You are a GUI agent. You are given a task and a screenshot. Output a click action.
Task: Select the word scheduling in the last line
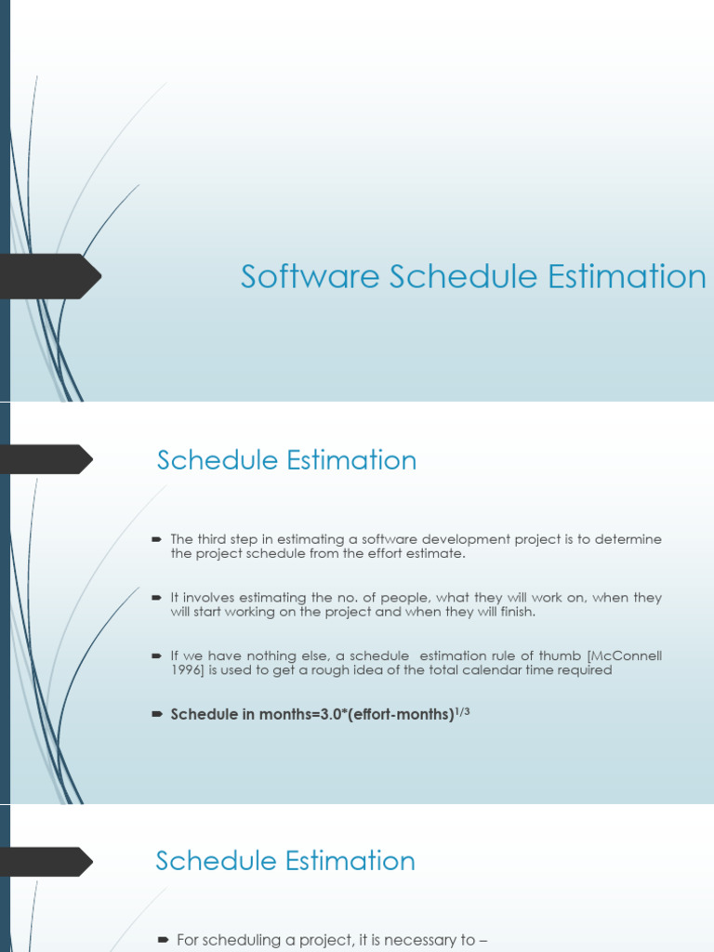[237, 941]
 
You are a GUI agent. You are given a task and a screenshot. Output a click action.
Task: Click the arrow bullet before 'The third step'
[155, 539]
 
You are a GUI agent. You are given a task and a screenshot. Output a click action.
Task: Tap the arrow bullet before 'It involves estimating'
[155, 598]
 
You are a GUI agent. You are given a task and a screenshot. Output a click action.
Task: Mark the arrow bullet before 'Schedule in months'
[155, 714]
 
